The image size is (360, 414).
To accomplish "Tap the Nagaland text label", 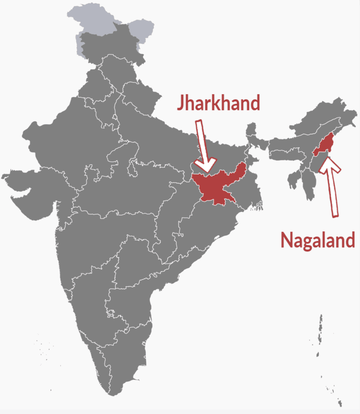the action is pyautogui.click(x=318, y=240).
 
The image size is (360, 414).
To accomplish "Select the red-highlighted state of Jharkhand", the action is pyautogui.click(x=216, y=188).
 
